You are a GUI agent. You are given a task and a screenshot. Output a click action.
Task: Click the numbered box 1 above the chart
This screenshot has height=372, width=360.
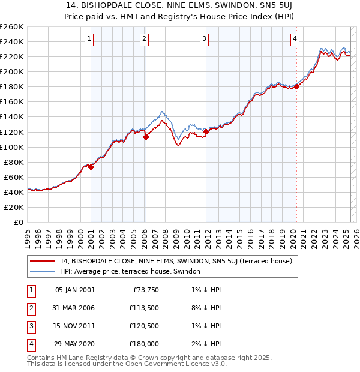pos(89,40)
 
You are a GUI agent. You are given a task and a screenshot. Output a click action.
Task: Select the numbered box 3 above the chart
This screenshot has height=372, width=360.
pos(204,40)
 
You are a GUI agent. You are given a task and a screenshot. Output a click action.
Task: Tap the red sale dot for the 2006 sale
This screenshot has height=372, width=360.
pos(146,137)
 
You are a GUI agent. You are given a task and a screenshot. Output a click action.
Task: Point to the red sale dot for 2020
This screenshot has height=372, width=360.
pos(296,86)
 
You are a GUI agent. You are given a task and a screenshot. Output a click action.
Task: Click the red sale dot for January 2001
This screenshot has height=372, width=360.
pos(91,167)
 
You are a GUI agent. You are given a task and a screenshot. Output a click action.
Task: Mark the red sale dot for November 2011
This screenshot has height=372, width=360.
pos(206,131)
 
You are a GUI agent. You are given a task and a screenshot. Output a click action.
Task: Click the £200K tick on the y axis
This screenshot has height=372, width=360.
pos(12,71)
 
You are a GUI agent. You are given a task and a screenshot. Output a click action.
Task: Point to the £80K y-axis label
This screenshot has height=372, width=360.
pos(14,162)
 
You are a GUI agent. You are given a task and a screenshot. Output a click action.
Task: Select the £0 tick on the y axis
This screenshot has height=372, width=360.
pos(19,222)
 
